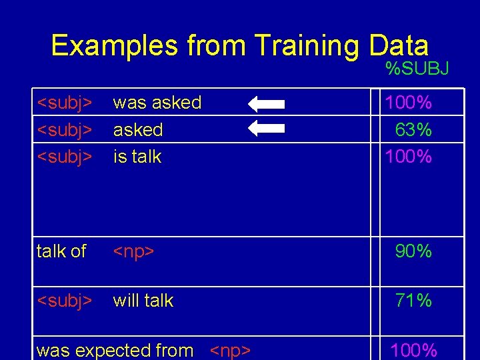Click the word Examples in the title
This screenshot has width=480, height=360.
point(115,46)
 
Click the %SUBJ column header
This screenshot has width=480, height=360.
point(417,68)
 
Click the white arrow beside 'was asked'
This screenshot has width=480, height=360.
point(266,104)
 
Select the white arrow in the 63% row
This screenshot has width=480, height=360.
point(266,129)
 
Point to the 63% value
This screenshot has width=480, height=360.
point(413,130)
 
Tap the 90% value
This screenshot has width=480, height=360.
point(413,251)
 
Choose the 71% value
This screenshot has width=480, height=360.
point(413,301)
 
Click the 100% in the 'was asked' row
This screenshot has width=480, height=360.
point(407,103)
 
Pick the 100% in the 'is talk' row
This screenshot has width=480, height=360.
point(407,157)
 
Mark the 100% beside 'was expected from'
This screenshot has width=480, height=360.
point(413,350)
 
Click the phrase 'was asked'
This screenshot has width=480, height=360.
point(157,103)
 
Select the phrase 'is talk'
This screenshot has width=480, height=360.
point(137,157)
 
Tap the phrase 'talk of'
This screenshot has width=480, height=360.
point(61,251)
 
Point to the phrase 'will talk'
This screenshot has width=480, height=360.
point(143,301)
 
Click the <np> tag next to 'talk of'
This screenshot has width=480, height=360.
point(134,252)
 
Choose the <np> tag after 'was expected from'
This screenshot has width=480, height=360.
point(231,351)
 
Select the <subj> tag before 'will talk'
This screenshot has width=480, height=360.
point(64,301)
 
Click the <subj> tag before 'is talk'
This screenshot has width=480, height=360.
point(64,157)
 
